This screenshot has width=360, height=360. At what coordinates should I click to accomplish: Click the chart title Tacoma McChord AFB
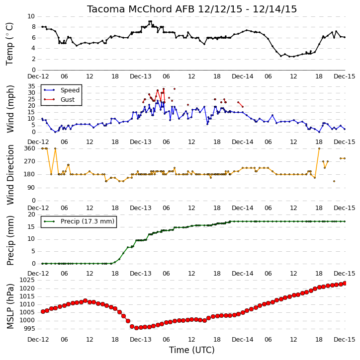pyautogui.click(x=141, y=9)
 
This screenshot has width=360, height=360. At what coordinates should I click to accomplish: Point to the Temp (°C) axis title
pyautogui.click(x=9, y=44)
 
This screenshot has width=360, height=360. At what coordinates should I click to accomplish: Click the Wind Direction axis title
pyautogui.click(x=10, y=175)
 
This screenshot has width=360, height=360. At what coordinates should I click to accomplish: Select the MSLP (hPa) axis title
pyautogui.click(x=10, y=306)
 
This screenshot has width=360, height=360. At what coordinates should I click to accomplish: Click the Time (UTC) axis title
pyautogui.click(x=192, y=350)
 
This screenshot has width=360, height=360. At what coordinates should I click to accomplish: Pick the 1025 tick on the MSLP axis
pyautogui.click(x=27, y=280)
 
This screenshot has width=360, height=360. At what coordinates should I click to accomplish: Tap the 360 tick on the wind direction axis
pyautogui.click(x=30, y=148)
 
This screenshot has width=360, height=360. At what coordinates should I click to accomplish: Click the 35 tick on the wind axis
pyautogui.click(x=31, y=86)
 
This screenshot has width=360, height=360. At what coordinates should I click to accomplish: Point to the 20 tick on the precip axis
pyautogui.click(x=31, y=215)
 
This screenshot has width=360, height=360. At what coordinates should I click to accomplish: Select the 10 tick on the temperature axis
pyautogui.click(x=31, y=16)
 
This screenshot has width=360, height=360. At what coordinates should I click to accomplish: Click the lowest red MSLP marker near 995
pyautogui.click(x=136, y=328)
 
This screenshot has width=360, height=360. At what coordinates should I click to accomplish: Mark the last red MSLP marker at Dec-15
pyautogui.click(x=345, y=284)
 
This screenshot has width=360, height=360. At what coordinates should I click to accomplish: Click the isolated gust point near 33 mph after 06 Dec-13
pyautogui.click(x=175, y=89)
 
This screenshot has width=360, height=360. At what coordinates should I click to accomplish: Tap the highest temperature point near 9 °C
pyautogui.click(x=150, y=21)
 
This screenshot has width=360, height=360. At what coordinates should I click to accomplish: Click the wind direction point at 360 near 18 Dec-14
pyautogui.click(x=319, y=148)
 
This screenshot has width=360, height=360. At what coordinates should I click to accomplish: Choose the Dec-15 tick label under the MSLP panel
pyautogui.click(x=345, y=339)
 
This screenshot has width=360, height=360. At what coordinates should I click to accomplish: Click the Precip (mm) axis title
pyautogui.click(x=10, y=241)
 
